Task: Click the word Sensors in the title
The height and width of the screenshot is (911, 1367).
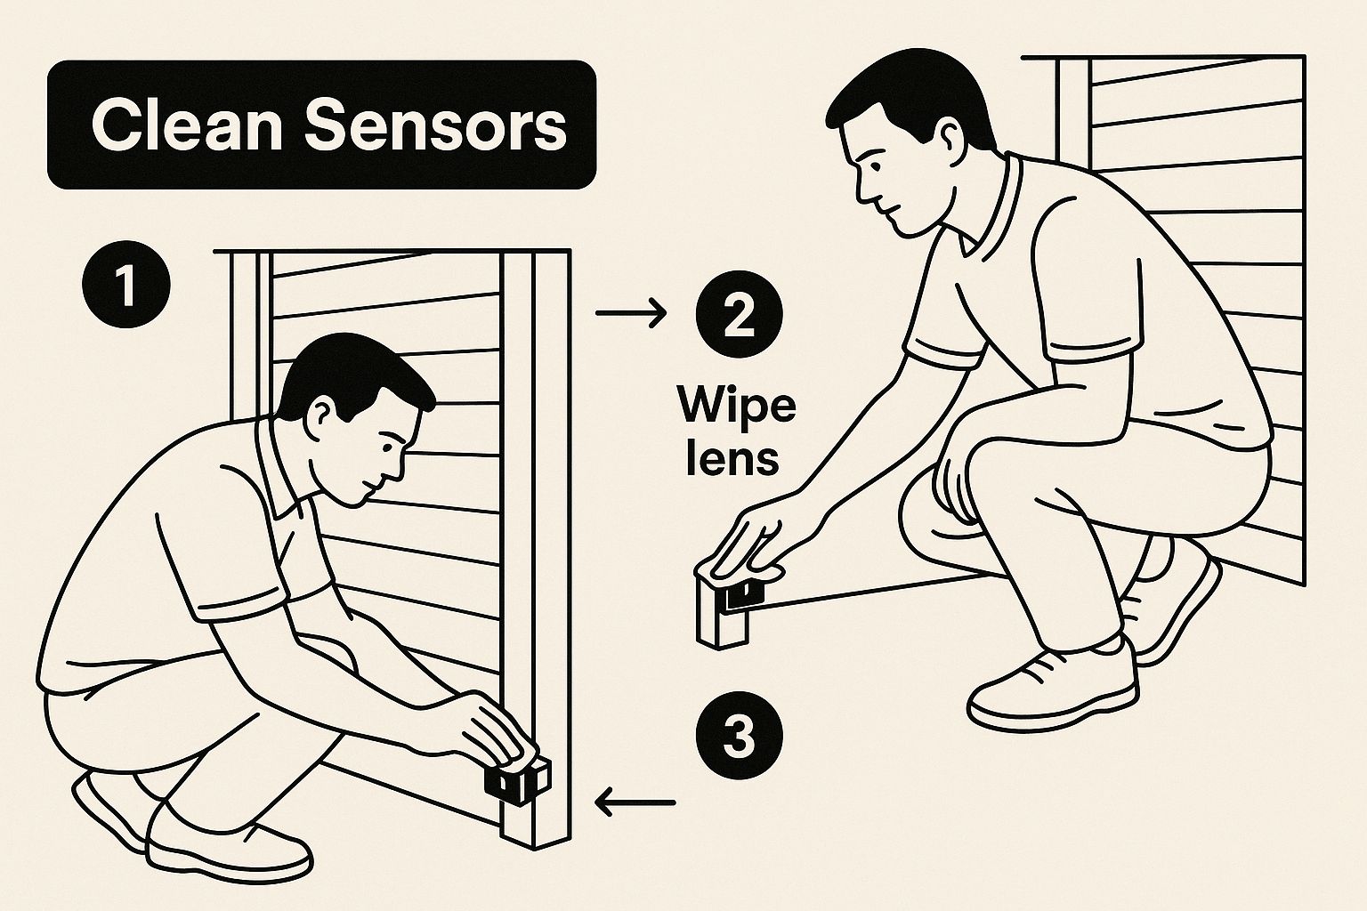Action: [436, 125]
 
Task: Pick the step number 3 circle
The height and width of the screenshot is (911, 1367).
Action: [738, 738]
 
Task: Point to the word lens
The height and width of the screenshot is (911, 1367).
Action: [732, 458]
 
